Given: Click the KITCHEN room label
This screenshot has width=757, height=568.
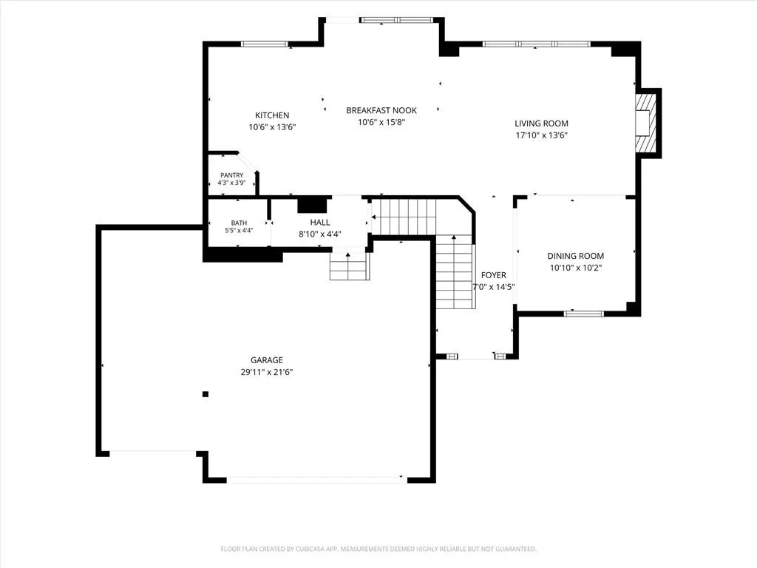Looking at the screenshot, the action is [272, 115].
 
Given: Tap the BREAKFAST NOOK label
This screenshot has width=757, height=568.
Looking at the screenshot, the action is [381, 111].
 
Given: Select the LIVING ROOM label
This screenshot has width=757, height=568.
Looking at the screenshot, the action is [541, 124].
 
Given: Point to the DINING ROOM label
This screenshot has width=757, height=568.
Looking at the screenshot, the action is [575, 256].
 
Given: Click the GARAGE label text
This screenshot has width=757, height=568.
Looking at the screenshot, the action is [266, 360].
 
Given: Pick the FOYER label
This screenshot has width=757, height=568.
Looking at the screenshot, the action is [493, 275].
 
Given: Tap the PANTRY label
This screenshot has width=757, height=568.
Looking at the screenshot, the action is [231, 175].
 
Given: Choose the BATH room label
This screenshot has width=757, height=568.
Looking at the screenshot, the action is [239, 223].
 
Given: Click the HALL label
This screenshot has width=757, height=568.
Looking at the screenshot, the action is [320, 222].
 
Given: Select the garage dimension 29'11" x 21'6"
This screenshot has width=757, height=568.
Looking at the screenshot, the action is [267, 372].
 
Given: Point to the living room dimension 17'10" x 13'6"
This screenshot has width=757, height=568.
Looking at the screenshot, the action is [542, 136].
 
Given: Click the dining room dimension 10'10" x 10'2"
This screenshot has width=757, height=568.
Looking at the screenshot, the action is [576, 268].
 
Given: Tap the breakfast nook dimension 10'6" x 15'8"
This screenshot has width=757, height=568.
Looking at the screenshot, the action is [381, 123].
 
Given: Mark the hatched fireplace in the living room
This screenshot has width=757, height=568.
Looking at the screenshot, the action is [646, 124].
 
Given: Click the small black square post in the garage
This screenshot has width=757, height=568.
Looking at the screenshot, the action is [206, 394].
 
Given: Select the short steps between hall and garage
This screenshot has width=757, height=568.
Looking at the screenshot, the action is [350, 266].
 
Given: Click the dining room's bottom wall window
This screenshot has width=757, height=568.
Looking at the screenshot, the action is [584, 314].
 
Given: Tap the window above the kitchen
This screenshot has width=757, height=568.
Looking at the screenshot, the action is [265, 44].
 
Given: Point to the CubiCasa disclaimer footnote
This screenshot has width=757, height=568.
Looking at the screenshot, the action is [378, 550].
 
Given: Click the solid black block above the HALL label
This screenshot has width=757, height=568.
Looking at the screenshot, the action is [313, 205].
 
